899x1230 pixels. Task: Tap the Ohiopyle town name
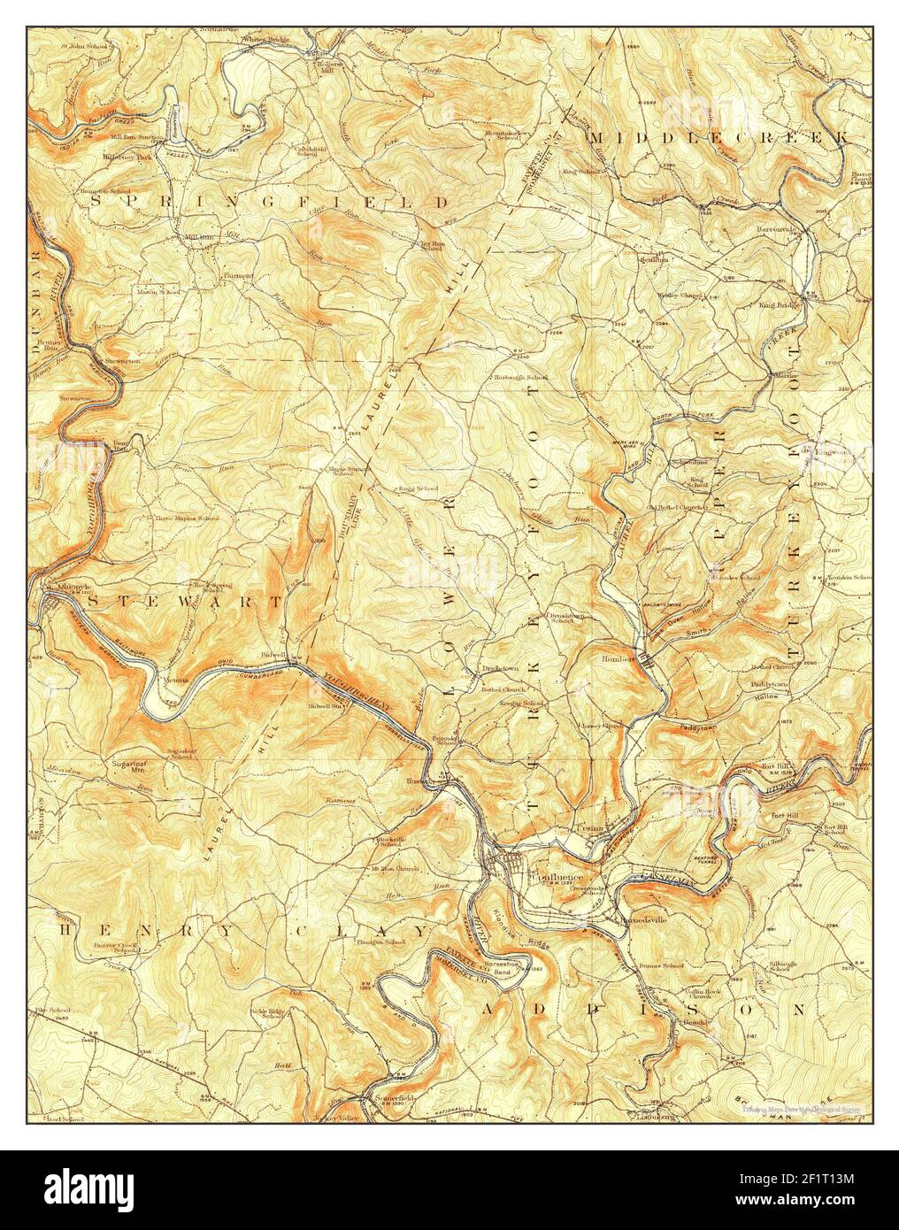click(59, 587)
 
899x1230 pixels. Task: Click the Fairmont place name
click(238, 276)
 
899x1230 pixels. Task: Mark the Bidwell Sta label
click(326, 706)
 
